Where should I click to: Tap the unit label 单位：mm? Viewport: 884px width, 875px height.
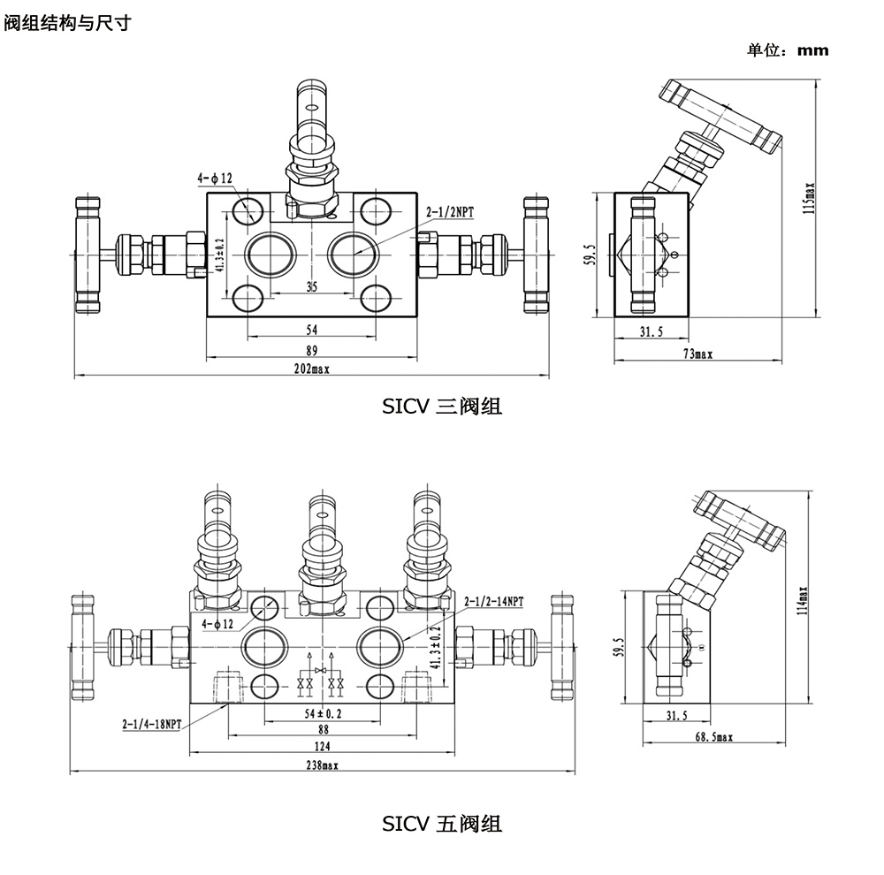tap(789, 50)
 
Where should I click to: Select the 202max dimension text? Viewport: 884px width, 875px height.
tap(311, 369)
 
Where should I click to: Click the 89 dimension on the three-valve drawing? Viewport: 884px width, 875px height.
tap(311, 350)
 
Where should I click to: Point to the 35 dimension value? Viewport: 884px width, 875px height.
tap(311, 286)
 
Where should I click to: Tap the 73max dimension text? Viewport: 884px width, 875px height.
tap(697, 354)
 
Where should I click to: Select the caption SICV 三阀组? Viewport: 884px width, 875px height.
tap(442, 407)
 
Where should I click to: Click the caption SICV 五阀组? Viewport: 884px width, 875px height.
tap(442, 824)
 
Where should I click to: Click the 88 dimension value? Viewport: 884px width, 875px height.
tap(324, 730)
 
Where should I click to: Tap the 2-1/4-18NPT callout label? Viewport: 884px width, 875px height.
tap(151, 724)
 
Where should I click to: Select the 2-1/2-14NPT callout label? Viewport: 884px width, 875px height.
tap(493, 602)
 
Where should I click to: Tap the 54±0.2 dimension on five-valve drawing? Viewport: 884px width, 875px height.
tap(324, 712)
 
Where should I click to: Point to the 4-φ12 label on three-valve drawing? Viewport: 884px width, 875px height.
tap(215, 179)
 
